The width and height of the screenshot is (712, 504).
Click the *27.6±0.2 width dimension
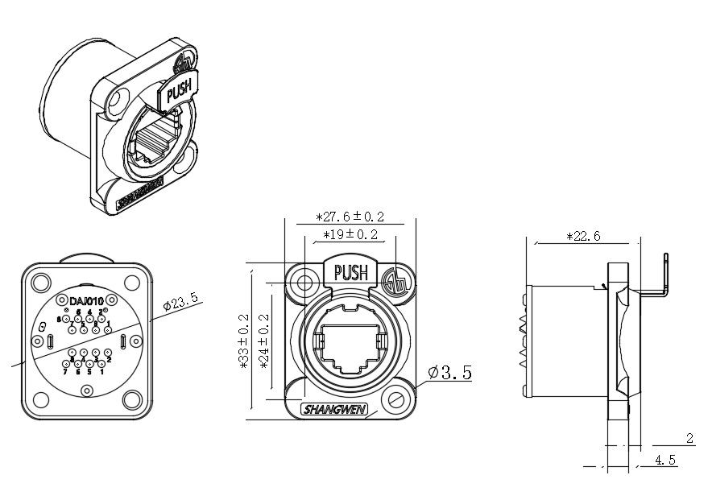coord(350,217)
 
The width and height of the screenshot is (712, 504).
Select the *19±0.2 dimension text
coord(350,235)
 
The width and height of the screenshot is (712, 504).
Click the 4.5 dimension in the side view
coord(665,461)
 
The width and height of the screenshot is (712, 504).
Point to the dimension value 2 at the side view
coord(689,439)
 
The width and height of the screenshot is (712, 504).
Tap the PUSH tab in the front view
coord(350,272)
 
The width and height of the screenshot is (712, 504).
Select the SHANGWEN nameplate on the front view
coord(333,410)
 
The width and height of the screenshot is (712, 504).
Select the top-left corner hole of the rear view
coord(39,282)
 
